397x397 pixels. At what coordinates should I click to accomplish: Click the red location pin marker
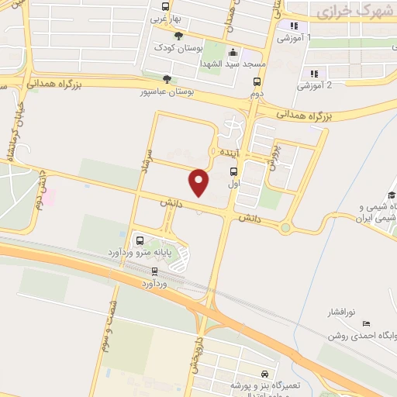pos(199,182)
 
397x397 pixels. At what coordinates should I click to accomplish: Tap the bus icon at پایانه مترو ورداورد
pos(140,240)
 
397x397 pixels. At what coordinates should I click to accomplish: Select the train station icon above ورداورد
pos(154,271)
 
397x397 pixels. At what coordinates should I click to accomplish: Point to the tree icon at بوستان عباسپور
pos(166,78)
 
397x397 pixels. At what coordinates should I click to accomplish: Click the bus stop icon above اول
pos(234,173)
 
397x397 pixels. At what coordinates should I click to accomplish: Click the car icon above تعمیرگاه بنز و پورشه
pos(266,372)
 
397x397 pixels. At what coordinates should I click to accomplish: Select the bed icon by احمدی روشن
pos(366,323)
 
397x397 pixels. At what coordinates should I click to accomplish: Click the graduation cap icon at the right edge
pos(392,195)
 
